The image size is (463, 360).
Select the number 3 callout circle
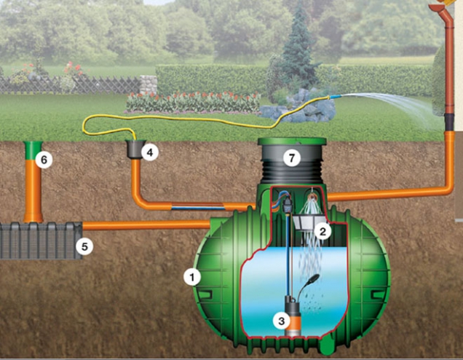click(280, 319)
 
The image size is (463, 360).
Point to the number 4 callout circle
click(150, 152)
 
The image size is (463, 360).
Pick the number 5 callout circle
click(84, 247)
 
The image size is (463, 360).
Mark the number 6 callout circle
click(44, 160)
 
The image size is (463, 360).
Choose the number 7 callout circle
click(292, 157)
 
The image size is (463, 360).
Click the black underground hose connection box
click(135, 149)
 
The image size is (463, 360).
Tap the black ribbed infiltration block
click(36, 241)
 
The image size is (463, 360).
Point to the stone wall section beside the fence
click(148, 84)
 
